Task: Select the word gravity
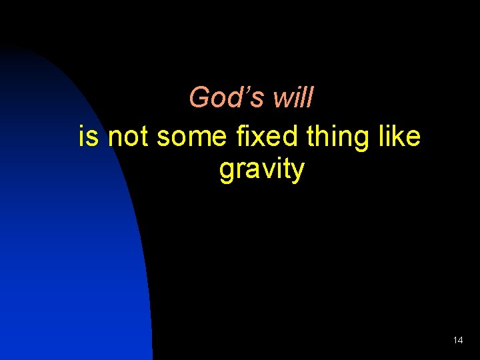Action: coord(261,171)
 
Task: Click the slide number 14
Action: coord(457,340)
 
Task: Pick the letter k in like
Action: coord(402,137)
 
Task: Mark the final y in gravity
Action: coord(297,172)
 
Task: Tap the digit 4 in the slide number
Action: coord(460,340)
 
